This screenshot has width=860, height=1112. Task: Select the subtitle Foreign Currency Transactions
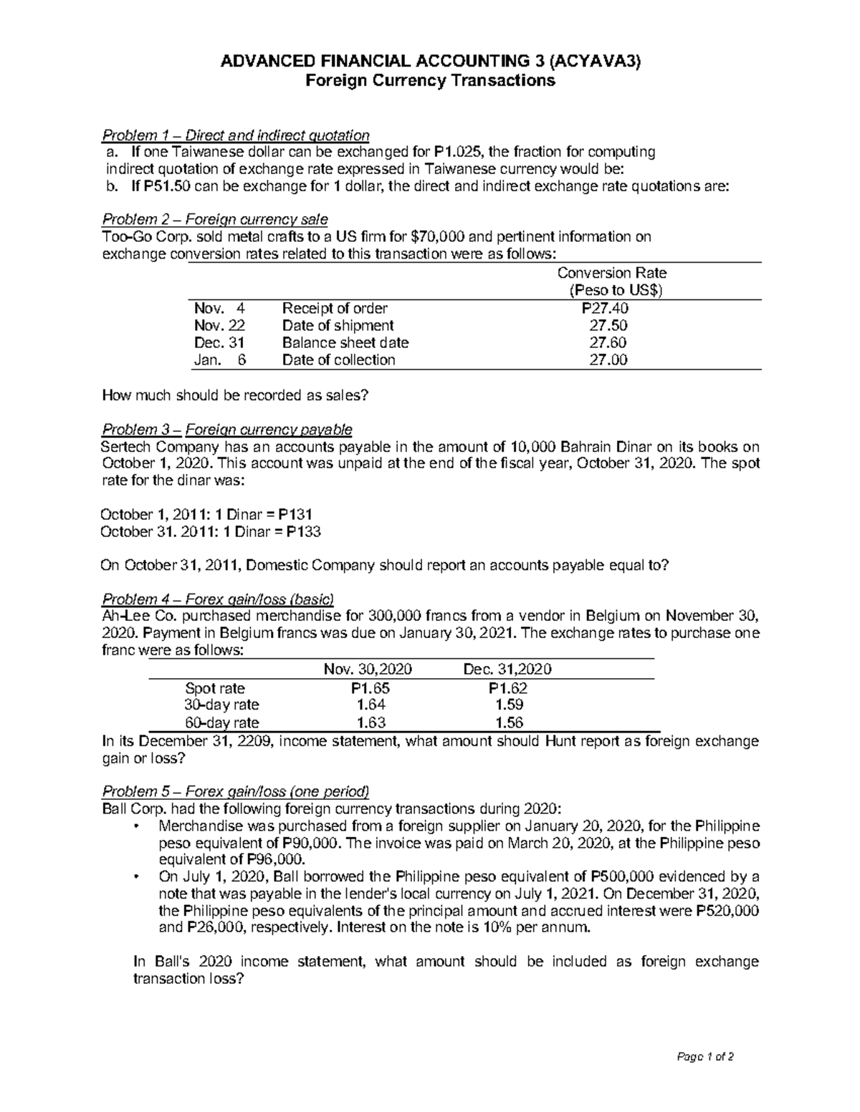(430, 80)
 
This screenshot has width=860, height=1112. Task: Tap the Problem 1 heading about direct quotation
(236, 135)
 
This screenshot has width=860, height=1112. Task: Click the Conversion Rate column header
(612, 273)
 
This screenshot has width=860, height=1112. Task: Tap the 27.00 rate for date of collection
(608, 360)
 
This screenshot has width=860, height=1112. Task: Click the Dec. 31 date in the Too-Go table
(219, 343)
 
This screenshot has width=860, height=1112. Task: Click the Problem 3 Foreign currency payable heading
(228, 430)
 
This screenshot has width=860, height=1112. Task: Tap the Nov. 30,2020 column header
(368, 669)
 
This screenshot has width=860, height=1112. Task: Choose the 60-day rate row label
(221, 722)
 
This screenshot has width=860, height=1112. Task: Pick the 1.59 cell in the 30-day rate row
(509, 705)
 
